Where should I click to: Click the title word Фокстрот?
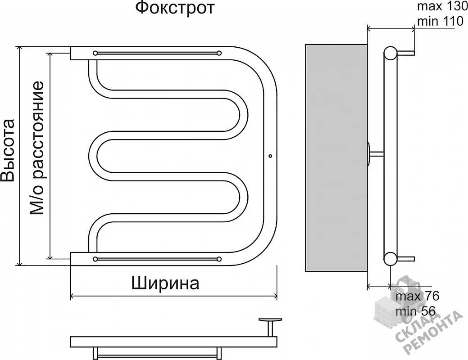pyautogui.click(x=175, y=8)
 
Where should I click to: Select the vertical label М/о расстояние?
pyautogui.click(x=37, y=148)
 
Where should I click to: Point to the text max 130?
pyautogui.click(x=442, y=6)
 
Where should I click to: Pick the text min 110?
pyautogui.click(x=440, y=22)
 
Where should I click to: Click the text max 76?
pyautogui.click(x=418, y=297)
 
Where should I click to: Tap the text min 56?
pyautogui.click(x=416, y=311)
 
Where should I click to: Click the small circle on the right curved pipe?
pyautogui.click(x=270, y=156)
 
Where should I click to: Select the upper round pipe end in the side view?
pyautogui.click(x=390, y=53)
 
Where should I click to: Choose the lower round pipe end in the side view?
pyautogui.click(x=390, y=259)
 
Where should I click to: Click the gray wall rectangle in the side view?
pyautogui.click(x=336, y=158)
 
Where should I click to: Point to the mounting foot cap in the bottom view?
pyautogui.click(x=270, y=320)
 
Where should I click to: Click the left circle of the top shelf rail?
pyautogui.click(x=95, y=53)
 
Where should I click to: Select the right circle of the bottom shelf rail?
pyautogui.click(x=219, y=259)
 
